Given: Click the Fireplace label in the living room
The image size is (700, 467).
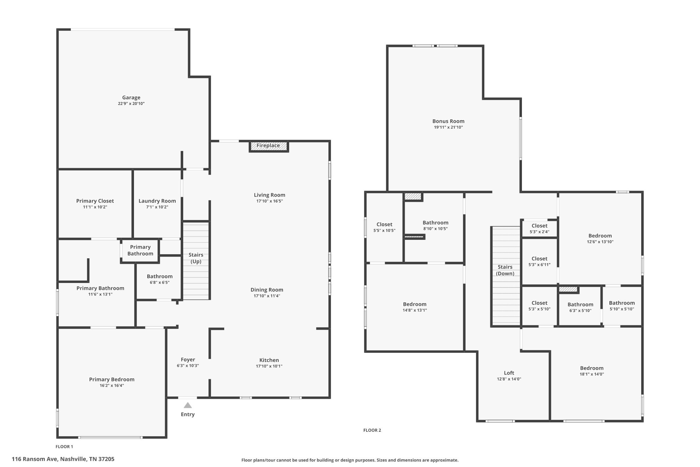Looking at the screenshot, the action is coord(268,146).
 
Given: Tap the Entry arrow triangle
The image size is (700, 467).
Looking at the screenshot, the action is coord(188,405).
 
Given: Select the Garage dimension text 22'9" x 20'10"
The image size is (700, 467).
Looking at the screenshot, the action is coord(131,104).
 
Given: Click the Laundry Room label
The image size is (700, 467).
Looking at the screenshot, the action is coord(157,201).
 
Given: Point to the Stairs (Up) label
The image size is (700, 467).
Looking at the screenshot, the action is coord(196,258).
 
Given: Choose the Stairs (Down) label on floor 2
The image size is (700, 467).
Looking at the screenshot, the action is coord(505,270).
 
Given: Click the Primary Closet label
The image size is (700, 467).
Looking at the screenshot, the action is coord(95,201).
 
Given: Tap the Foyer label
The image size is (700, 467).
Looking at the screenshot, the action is coord(188,360).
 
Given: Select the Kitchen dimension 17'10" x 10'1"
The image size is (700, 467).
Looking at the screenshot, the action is coord(269,366).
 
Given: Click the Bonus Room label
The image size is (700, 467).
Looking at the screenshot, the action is coord(448,121).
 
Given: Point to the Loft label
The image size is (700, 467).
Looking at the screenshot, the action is coord(509,373).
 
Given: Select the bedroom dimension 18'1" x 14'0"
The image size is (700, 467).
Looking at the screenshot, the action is coord(592,374).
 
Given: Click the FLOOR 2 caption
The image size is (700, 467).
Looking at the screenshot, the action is coord(372,430).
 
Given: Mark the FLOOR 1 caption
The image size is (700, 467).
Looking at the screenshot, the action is coord(64,446).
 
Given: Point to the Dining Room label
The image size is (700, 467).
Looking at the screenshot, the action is coord(267,290).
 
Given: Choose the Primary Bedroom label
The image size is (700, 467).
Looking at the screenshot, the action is coord(112,379).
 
